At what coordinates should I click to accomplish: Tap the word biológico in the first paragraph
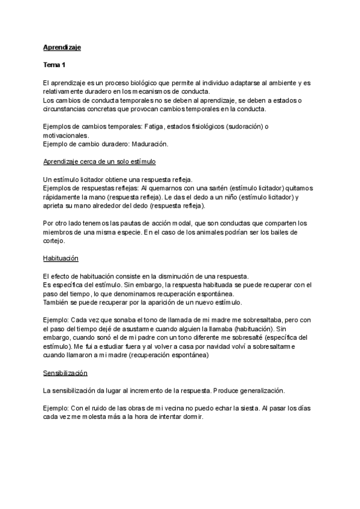click(141, 82)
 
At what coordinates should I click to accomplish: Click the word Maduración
click(149, 145)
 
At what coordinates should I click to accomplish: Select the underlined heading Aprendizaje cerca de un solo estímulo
click(100, 163)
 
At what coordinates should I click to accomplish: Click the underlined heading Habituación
click(62, 259)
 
